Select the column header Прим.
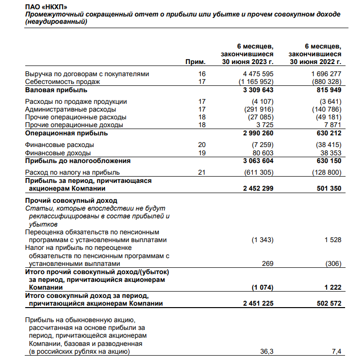(x=196, y=62)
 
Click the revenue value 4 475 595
(x=258, y=74)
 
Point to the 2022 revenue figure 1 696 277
(x=326, y=74)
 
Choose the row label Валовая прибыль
(x=56, y=90)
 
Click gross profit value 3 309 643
(x=258, y=90)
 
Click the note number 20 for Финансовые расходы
(x=202, y=145)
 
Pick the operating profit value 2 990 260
(x=258, y=133)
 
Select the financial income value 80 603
(x=263, y=153)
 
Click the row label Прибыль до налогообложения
(x=78, y=161)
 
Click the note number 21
(x=202, y=172)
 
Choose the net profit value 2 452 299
(x=258, y=188)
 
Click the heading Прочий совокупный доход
(x=71, y=200)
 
